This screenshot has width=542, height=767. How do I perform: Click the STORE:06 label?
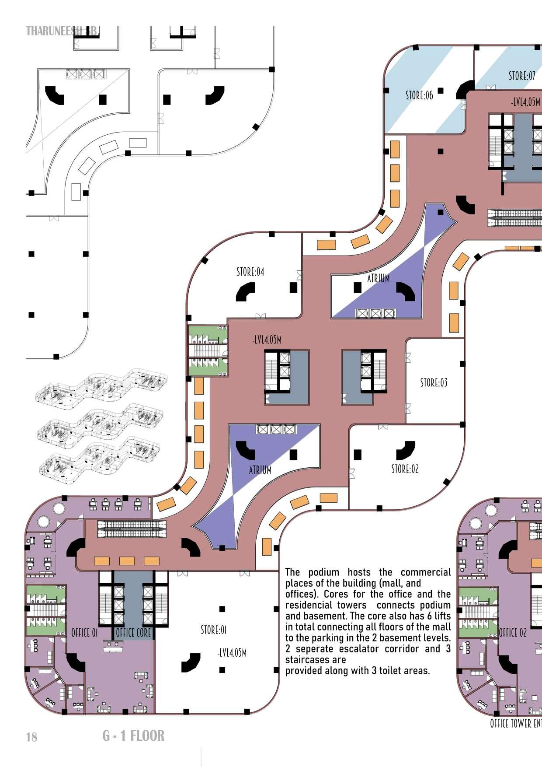coord(419,95)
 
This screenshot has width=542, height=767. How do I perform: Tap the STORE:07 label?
coord(521,76)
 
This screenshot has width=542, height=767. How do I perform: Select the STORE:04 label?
coord(250,272)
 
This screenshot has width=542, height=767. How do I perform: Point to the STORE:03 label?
coord(434,382)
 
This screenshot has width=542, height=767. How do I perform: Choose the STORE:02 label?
coord(405,469)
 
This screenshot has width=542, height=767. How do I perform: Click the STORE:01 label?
coord(213,630)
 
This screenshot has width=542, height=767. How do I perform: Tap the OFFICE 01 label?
coord(84,633)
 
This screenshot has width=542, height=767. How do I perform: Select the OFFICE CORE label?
coord(133,633)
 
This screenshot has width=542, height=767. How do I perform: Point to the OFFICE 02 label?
coord(513,633)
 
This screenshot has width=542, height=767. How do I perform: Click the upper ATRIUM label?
coord(378,278)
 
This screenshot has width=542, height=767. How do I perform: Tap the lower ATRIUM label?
coord(260,470)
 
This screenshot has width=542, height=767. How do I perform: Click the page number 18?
coord(31,737)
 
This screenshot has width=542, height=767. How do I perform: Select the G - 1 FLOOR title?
coord(133,736)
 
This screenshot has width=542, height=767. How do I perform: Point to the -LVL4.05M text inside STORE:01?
coord(232,653)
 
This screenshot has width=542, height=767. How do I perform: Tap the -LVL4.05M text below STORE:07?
coord(525,102)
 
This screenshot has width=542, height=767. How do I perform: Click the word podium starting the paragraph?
coord(323,572)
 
